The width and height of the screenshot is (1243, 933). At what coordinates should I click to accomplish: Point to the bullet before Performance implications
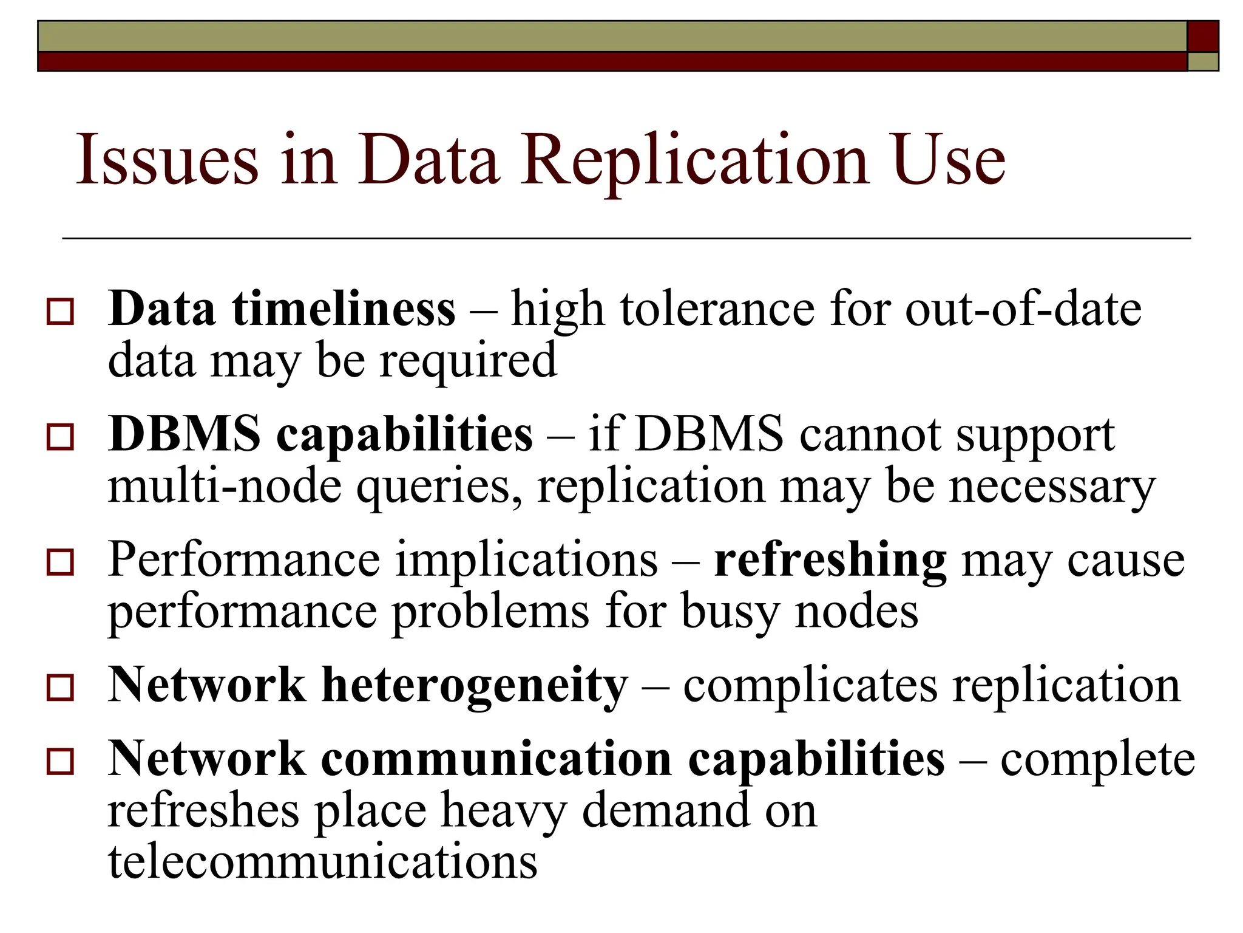point(60,562)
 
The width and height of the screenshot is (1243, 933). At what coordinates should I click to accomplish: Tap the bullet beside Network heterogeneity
point(60,688)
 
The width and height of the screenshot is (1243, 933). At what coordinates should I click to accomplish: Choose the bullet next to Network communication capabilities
point(60,762)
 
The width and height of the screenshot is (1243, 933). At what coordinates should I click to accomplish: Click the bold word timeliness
point(343,309)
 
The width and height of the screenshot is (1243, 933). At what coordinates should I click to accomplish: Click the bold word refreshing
point(829,559)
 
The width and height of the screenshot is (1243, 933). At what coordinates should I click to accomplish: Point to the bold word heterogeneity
point(474,685)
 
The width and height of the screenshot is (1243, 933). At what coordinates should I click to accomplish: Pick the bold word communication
point(496,759)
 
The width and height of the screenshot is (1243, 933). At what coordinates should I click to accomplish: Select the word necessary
point(1052,487)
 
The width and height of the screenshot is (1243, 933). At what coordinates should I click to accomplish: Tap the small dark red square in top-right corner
point(1202,36)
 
